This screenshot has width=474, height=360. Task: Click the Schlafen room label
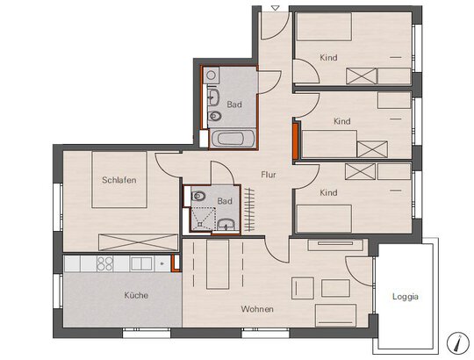(x=119, y=180)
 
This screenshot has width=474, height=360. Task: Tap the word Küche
(x=136, y=295)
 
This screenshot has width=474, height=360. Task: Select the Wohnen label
(x=257, y=309)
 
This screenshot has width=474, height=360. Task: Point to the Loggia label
(x=406, y=297)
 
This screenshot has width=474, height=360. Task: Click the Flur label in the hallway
(x=269, y=175)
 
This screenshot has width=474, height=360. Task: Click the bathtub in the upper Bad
(x=232, y=139)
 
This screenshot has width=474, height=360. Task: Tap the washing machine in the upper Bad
(x=211, y=76)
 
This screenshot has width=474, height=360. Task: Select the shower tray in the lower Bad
(x=203, y=219)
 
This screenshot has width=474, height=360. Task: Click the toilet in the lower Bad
(x=197, y=196)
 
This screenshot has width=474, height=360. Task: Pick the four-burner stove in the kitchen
(x=104, y=263)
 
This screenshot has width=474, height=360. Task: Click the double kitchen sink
(x=141, y=263)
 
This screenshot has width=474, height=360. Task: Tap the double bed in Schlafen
(x=119, y=179)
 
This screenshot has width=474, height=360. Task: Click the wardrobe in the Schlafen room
(x=138, y=242)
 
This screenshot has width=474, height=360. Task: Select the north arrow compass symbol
(x=457, y=342)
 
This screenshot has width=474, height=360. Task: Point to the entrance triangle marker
(x=275, y=8)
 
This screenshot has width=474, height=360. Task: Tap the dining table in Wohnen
(x=218, y=264)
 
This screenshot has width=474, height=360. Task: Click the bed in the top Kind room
(x=325, y=26)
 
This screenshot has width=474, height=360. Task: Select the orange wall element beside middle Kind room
(x=295, y=140)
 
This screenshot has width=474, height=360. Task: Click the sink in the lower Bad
(x=226, y=225)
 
